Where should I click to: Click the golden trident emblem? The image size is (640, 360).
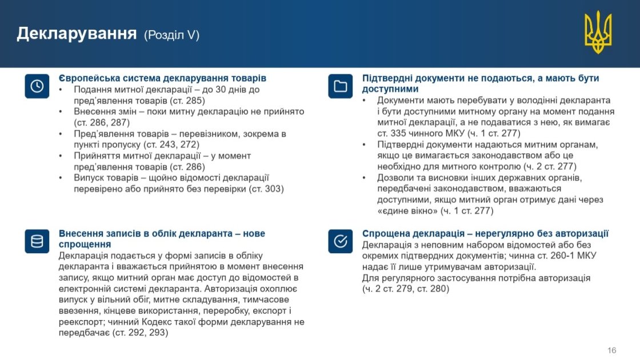point(598,32)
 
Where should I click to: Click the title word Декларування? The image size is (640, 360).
point(77,34)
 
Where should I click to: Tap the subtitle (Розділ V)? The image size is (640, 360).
point(171,35)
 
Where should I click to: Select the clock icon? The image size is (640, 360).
point(37,86)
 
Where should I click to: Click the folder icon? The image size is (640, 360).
point(341,86)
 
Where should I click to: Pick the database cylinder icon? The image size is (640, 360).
point(37,241)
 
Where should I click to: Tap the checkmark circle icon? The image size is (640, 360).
point(341,241)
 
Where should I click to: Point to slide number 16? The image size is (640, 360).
point(611,350)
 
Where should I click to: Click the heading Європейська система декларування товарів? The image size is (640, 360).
point(162,78)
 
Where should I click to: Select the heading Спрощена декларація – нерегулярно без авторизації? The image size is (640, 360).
point(485,234)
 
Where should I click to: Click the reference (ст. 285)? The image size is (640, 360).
point(187,101)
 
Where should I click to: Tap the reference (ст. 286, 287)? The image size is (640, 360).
point(102,122)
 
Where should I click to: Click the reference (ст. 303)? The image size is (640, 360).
point(266,189)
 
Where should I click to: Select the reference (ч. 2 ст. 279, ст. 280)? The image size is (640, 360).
point(406,289)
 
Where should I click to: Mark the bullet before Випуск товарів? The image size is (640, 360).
point(61,178)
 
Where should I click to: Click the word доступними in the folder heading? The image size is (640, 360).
point(390,89)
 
